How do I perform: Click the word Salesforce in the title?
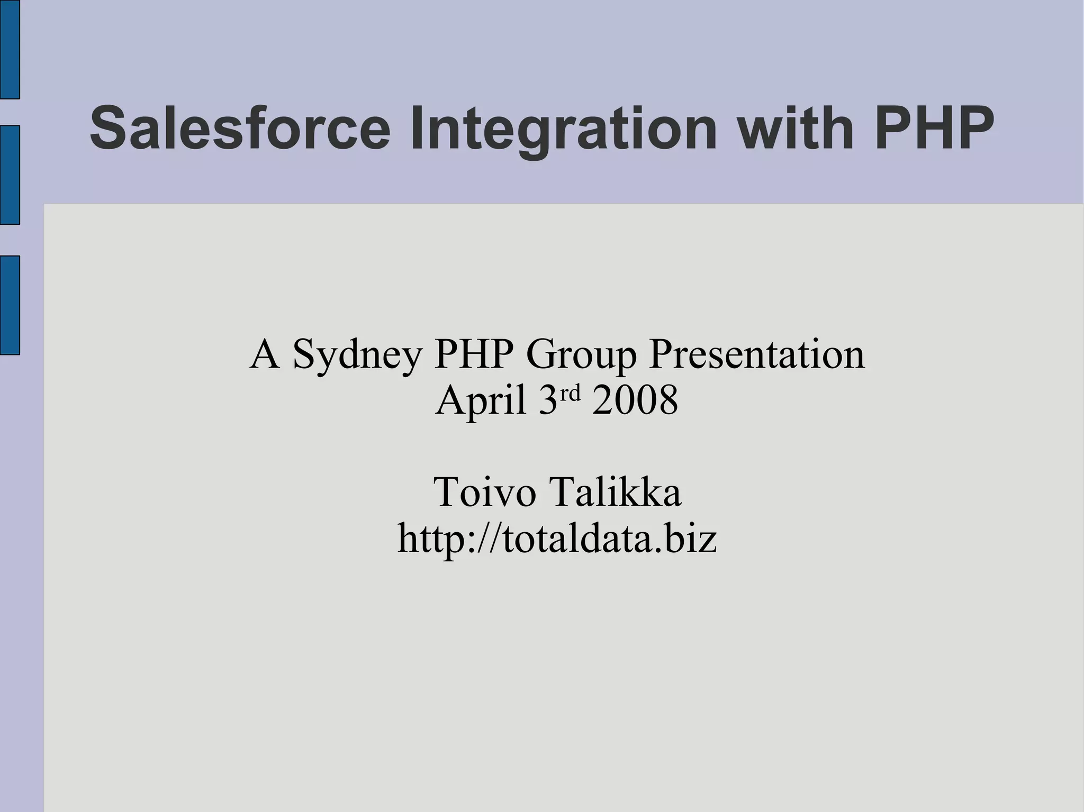click(240, 129)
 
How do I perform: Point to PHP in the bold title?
click(934, 129)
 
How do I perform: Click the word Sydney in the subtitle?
click(357, 354)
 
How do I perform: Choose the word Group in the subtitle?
click(581, 354)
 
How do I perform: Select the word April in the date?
click(481, 400)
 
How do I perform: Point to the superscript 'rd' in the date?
click(571, 393)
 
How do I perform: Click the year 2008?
click(635, 400)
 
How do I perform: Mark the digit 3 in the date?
click(548, 400)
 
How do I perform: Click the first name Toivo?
click(484, 492)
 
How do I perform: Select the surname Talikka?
click(617, 492)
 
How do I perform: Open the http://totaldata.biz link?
click(557, 538)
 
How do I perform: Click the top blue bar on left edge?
click(10, 49)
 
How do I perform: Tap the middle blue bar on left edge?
click(10, 175)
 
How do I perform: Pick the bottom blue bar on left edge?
click(10, 305)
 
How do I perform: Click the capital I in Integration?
click(418, 129)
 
